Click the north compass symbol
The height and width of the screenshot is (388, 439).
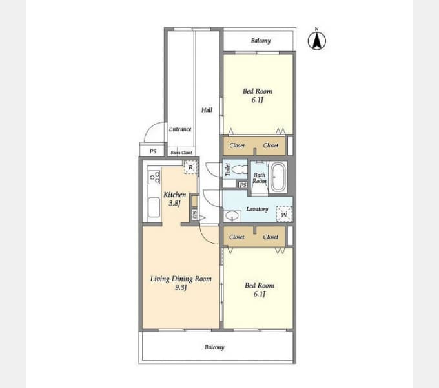pyautogui.click(x=316, y=40)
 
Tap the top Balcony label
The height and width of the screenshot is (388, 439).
pyautogui.click(x=261, y=41)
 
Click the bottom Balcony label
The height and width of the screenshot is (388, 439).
pyautogui.click(x=214, y=347)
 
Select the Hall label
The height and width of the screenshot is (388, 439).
pyautogui.click(x=207, y=110)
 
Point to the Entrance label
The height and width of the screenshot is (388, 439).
pyautogui.click(x=180, y=129)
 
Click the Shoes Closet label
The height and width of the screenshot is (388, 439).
pyautogui.click(x=181, y=153)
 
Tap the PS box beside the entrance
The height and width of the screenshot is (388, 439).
pyautogui.click(x=152, y=151)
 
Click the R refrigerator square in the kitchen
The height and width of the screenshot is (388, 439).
pyautogui.click(x=190, y=167)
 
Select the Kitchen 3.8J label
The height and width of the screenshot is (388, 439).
pyautogui.click(x=174, y=199)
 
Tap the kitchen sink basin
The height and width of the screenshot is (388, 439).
pyautogui.click(x=154, y=208)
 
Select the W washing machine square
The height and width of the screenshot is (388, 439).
pyautogui.click(x=283, y=213)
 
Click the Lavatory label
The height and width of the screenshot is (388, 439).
pyautogui.click(x=257, y=209)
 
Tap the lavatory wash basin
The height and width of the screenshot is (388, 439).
pyautogui.click(x=231, y=213)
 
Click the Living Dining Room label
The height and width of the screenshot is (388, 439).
pyautogui.click(x=181, y=279)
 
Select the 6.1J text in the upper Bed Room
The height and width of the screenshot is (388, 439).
pyautogui.click(x=257, y=100)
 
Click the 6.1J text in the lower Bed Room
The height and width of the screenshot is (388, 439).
pyautogui.click(x=259, y=294)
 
